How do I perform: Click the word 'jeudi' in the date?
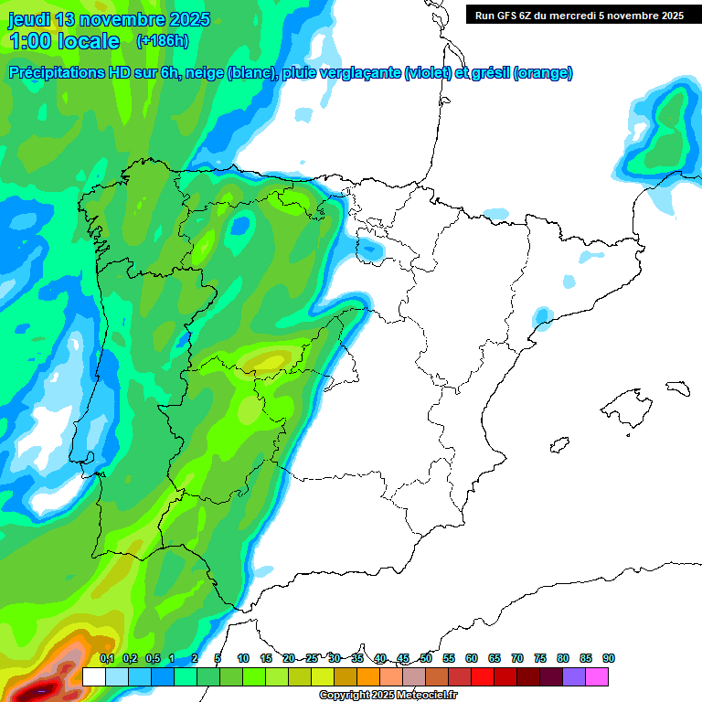pos(30,19)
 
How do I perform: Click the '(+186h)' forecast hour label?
pos(162,40)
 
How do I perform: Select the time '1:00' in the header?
pos(33,41)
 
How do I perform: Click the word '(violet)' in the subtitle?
pos(427,73)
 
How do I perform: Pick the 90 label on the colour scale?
pos(609,658)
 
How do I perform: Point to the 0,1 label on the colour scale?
pos(107,658)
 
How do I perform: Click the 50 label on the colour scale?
pos(426,658)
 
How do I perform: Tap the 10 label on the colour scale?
pos(243,658)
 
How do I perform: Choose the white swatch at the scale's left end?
pos(93,676)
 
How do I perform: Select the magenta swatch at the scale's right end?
pos(597,676)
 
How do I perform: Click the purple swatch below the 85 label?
pos(574,676)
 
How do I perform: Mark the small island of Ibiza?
pos(558,445)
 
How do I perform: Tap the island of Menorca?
pos(676,388)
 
